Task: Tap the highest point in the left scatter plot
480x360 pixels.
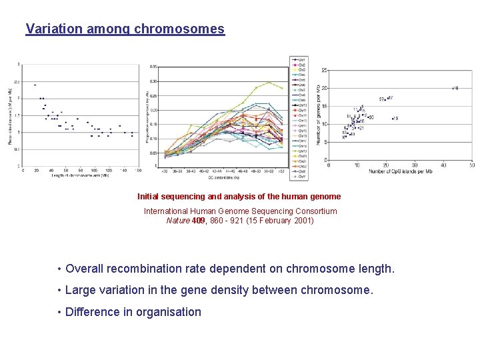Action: tap(35, 85)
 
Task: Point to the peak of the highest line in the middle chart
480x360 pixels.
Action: tap(269, 82)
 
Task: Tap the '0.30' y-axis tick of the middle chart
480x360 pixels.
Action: tap(153, 81)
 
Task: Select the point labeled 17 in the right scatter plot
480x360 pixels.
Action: tap(390, 98)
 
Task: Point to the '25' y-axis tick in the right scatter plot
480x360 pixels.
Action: tap(323, 70)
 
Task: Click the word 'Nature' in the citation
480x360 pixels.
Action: tap(178, 221)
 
